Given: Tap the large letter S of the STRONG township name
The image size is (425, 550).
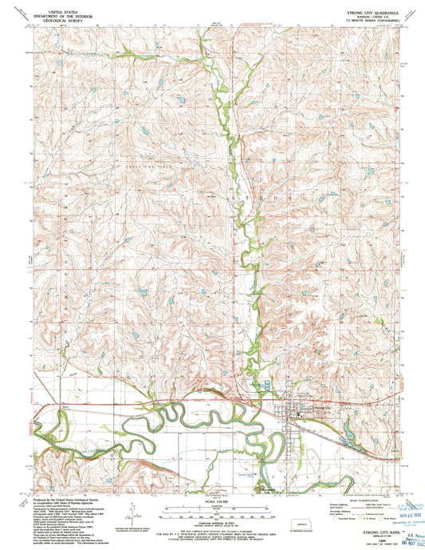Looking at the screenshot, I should (255, 196).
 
